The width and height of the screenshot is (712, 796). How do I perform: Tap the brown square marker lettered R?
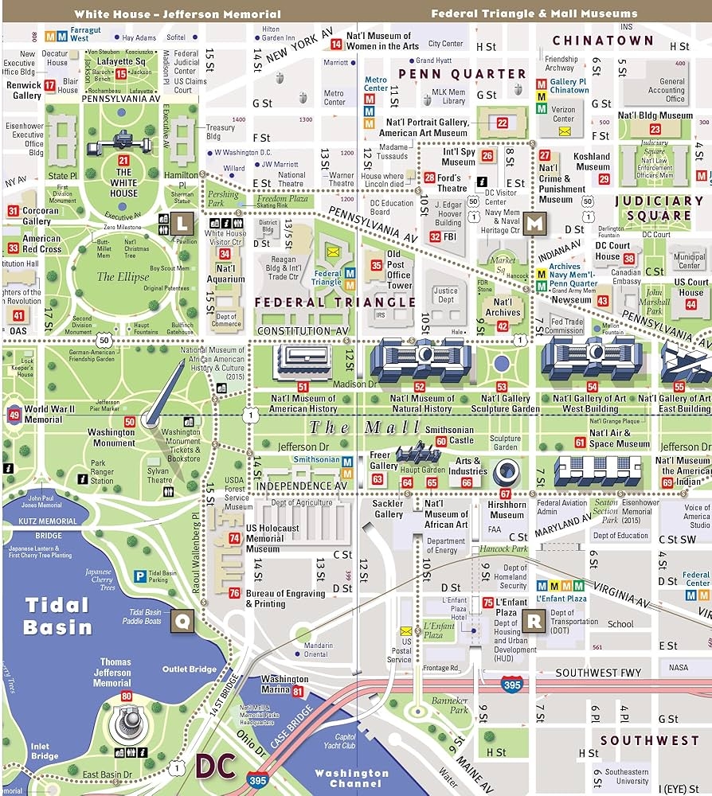pyautogui.click(x=534, y=619)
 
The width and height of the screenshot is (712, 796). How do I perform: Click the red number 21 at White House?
pyautogui.click(x=123, y=160)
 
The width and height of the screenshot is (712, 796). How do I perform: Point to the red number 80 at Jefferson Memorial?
pyautogui.click(x=126, y=696)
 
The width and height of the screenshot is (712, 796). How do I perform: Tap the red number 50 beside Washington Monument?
pyautogui.click(x=129, y=421)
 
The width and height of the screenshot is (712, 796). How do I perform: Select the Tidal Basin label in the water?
pyautogui.click(x=57, y=615)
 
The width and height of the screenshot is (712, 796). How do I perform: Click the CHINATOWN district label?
pyautogui.click(x=603, y=41)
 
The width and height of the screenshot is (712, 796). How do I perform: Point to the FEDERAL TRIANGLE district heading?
pyautogui.click(x=334, y=302)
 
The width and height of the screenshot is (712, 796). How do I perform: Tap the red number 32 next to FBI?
pyautogui.click(x=435, y=236)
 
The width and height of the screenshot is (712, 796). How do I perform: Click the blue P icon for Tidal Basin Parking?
pyautogui.click(x=139, y=576)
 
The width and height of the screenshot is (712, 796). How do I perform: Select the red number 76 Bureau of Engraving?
pyautogui.click(x=234, y=593)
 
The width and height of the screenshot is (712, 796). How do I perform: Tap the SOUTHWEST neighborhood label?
pyautogui.click(x=649, y=740)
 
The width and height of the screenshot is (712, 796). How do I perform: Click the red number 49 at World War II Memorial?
pyautogui.click(x=14, y=415)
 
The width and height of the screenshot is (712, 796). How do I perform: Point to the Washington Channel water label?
pyautogui.click(x=351, y=778)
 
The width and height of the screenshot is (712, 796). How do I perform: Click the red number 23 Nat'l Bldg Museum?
pyautogui.click(x=655, y=129)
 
